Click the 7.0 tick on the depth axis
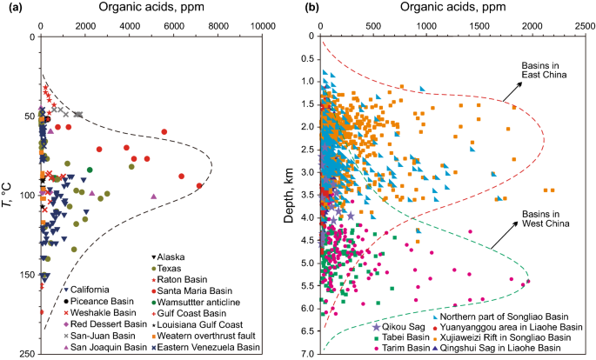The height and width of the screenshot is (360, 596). [x=306, y=354]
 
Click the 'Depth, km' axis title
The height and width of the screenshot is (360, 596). [x=290, y=196]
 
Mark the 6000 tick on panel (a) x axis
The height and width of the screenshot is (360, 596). [x=174, y=26]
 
